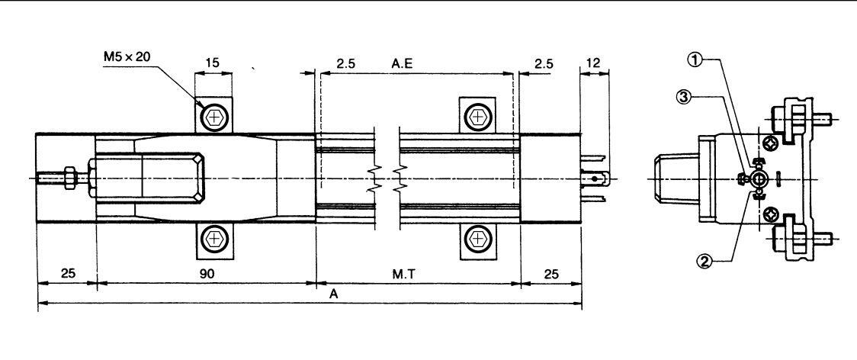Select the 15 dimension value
213,63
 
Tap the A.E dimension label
403,63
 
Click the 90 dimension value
206,274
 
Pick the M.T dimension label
403,274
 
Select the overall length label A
334,294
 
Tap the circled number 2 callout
704,260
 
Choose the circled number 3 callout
683,98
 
